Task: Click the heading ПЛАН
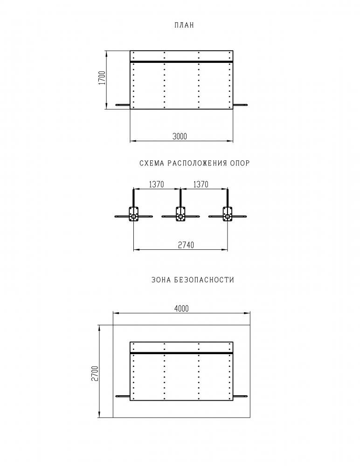click(184, 25)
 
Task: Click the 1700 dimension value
click(102, 78)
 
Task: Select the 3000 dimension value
click(180, 137)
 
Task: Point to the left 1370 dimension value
click(157, 185)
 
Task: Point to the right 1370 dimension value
click(201, 185)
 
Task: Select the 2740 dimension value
click(186, 245)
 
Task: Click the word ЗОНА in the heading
click(161, 280)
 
